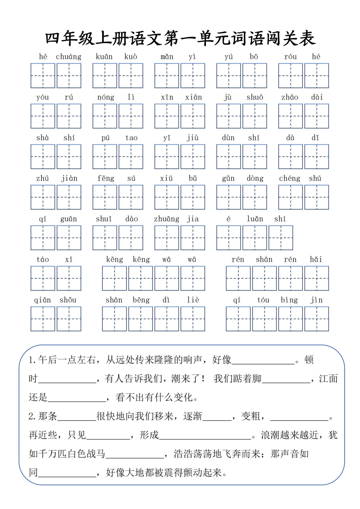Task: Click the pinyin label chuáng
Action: pos(69,57)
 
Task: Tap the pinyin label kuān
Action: pos(104,57)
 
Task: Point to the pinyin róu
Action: pos(290,57)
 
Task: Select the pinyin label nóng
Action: pos(106,97)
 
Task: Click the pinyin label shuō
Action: pos(255,97)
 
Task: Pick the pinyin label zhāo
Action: pos(290,97)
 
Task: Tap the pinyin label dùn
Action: pos(228,138)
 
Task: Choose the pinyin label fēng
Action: pos(106,178)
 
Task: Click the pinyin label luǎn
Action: pos(255,219)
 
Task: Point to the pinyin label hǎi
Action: pos(316,259)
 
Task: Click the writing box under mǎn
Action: pos(167,76)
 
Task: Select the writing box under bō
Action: pos(255,76)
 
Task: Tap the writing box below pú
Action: pos(105,157)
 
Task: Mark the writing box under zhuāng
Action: pos(167,238)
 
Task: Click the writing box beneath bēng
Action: pos(141,319)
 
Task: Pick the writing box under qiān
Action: pos(43,319)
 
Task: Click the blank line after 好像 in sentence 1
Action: pos(263,360)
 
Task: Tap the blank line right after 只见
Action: pos(108,435)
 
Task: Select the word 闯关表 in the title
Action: pos(290,39)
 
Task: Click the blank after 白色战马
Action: pos(135,454)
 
